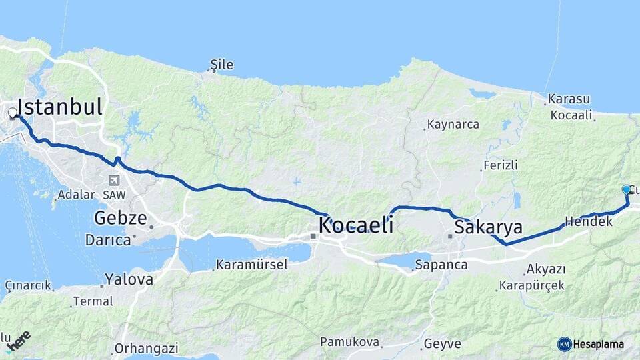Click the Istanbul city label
point(60,107)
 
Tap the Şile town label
point(222,65)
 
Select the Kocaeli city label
point(355,225)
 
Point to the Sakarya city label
point(488,227)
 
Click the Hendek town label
point(588,221)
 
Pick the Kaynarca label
point(453,125)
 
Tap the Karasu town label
point(569,99)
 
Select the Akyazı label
point(545,269)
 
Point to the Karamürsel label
point(251,265)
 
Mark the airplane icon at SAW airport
point(114,180)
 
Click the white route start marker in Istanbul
point(13,113)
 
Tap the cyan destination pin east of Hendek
point(626,190)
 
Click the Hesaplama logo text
point(598,344)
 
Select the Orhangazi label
point(146,348)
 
